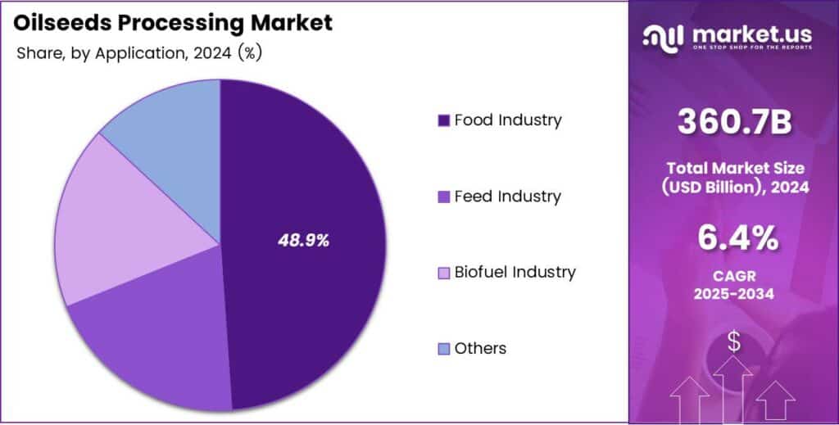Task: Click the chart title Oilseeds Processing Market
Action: (x=173, y=23)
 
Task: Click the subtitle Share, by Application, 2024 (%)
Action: (x=139, y=53)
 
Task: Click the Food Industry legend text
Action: (x=508, y=120)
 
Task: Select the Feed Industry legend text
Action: (x=507, y=197)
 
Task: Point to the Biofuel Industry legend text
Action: (x=515, y=272)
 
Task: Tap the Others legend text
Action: (x=480, y=348)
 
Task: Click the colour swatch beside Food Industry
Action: (x=443, y=121)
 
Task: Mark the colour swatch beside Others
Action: (x=443, y=349)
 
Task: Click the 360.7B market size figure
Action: (x=734, y=122)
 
